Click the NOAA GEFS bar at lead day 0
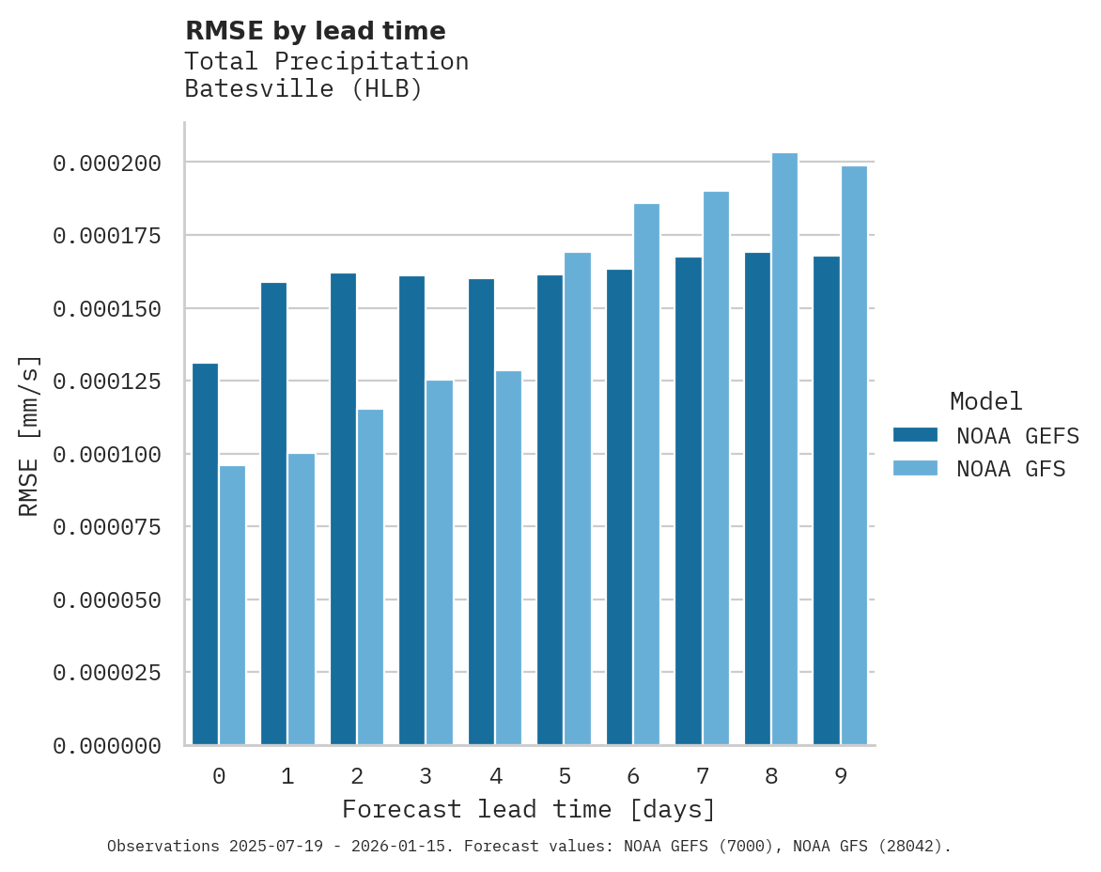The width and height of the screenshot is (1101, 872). tap(205, 554)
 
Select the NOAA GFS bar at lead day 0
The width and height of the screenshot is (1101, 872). tap(232, 605)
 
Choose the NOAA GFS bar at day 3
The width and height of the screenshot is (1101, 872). tap(440, 563)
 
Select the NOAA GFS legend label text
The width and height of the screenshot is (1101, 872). tap(1011, 468)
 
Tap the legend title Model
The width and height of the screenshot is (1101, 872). tap(985, 401)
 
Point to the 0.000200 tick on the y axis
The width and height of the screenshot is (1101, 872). tap(107, 163)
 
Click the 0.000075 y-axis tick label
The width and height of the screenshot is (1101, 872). tap(107, 527)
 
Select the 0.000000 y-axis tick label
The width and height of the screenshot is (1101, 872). tap(107, 746)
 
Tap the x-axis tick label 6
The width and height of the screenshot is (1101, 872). tap(633, 776)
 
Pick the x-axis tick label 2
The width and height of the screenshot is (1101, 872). tap(357, 776)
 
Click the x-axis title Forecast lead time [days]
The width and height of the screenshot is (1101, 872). tap(529, 809)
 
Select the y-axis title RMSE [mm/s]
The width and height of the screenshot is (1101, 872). tap(29, 435)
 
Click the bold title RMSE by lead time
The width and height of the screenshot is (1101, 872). tap(315, 31)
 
